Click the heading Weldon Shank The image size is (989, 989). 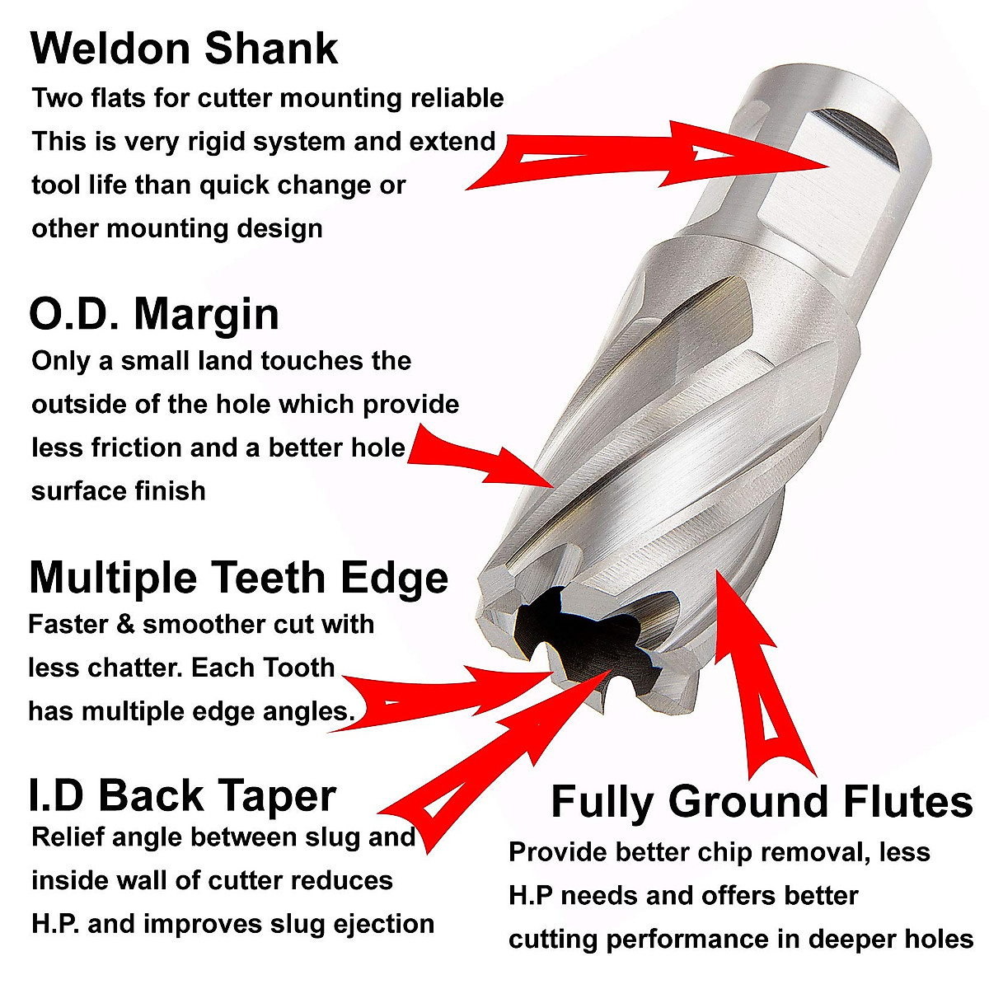click(184, 49)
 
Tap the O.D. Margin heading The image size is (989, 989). click(154, 314)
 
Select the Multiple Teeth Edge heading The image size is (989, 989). click(238, 577)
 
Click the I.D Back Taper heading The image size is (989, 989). click(182, 796)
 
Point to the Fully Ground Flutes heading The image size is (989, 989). click(762, 801)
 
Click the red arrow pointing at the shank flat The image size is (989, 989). click(651, 157)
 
